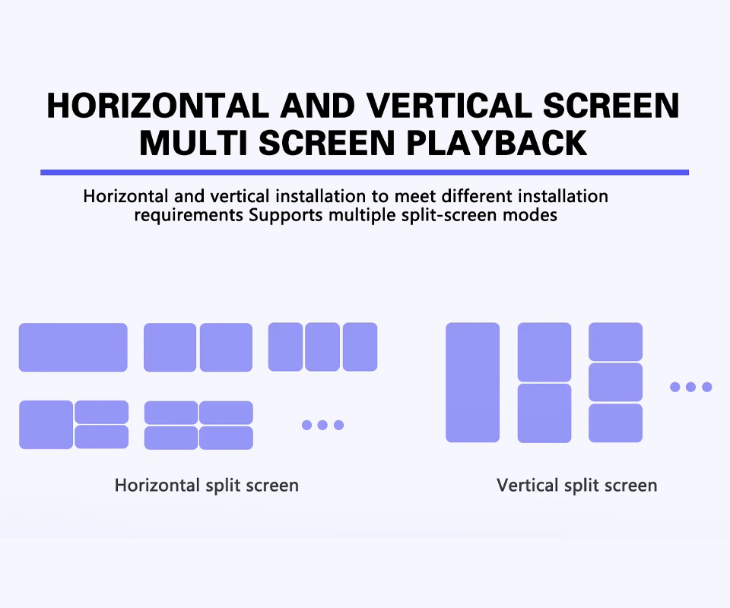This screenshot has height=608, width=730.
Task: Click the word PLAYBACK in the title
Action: tap(497, 143)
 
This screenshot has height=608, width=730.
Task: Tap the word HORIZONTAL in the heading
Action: tap(158, 106)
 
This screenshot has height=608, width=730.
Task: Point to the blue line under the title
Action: tap(364, 173)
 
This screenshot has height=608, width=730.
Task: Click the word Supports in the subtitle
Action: tap(285, 215)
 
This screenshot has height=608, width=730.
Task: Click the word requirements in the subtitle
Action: tap(189, 215)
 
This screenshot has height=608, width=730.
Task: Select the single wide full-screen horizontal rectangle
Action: tap(73, 347)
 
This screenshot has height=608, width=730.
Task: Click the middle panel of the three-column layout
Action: tap(322, 347)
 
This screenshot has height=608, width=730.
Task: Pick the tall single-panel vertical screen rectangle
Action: tap(472, 382)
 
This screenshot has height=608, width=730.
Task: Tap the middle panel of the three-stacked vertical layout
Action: tap(615, 382)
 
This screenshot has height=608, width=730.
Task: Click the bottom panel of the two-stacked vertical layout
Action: tap(544, 413)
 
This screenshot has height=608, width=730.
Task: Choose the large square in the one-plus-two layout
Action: tap(46, 425)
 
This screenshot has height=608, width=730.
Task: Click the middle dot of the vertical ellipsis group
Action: tap(691, 387)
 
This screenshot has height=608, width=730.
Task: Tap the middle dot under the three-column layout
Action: tap(322, 425)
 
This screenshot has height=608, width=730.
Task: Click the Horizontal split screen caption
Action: tap(207, 485)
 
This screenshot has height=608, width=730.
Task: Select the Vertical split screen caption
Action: tap(577, 485)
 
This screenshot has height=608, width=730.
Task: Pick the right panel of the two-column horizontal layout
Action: tap(227, 347)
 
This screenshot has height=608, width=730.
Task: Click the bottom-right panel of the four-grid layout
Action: tap(227, 438)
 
